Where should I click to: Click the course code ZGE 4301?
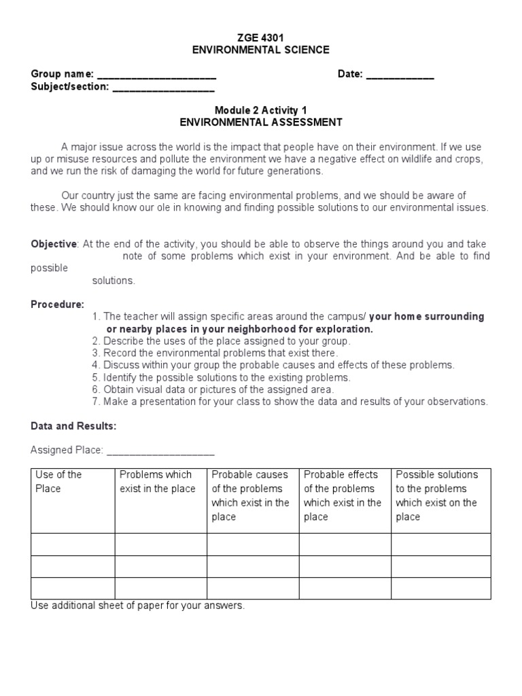[x=261, y=37]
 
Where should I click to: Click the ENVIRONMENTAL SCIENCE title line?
[x=261, y=50]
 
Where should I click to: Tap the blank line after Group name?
[x=157, y=75]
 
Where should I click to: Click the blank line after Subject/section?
[x=163, y=88]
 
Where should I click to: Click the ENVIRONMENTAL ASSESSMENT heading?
[x=261, y=122]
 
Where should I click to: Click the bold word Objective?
[x=54, y=244]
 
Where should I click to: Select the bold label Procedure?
[x=58, y=304]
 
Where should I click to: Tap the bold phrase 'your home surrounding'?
[x=426, y=316]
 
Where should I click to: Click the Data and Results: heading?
[x=73, y=426]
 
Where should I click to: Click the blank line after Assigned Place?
[x=160, y=450]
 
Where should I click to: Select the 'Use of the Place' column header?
[x=58, y=481]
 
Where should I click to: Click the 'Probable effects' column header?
[x=341, y=474]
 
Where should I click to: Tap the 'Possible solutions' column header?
[x=436, y=474]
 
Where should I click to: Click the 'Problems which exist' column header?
[x=157, y=481]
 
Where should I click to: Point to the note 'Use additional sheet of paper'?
[x=137, y=606]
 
